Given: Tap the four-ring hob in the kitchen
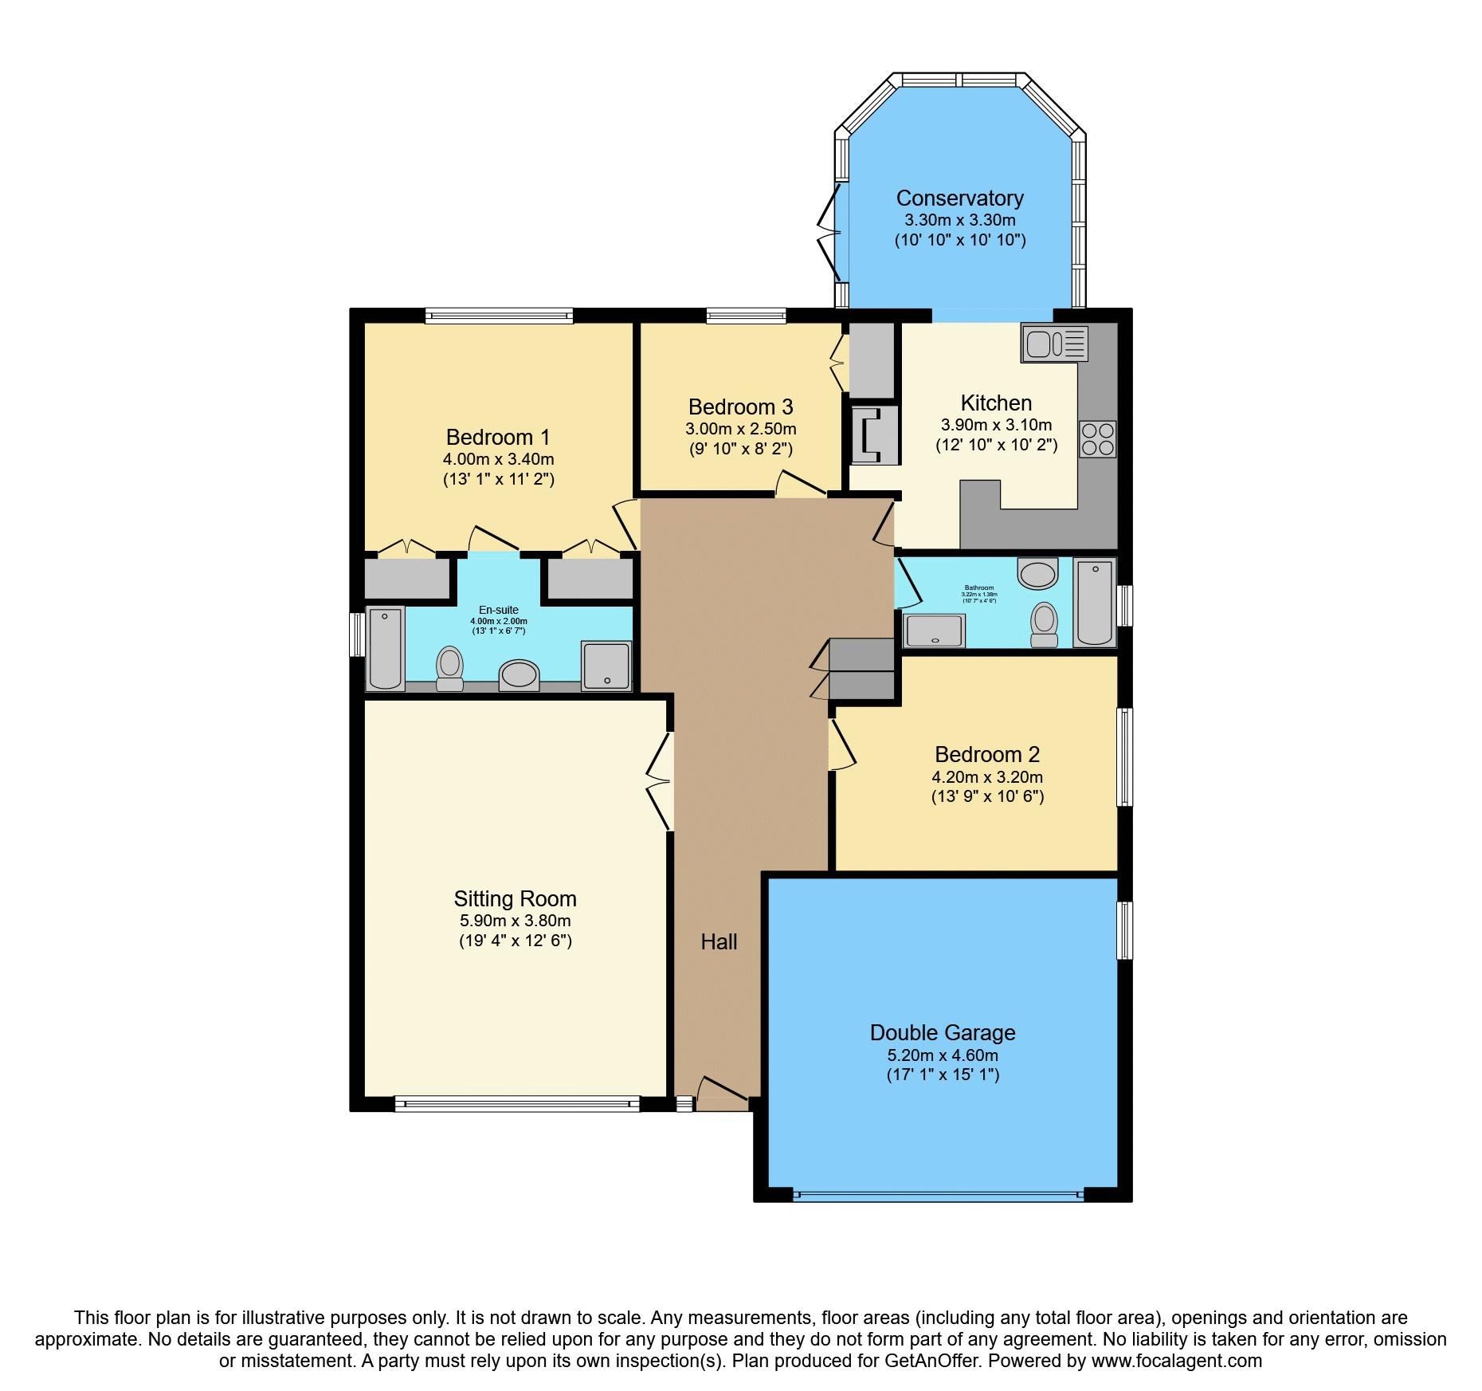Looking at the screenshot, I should click(1097, 438).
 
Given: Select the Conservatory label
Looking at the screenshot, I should click(959, 198).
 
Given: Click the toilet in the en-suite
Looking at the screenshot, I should click(450, 668).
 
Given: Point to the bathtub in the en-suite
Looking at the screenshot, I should click(386, 646).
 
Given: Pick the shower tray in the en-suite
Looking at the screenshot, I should click(606, 665).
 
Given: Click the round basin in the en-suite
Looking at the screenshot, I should click(519, 674).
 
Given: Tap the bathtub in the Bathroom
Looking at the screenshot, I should click(1094, 601).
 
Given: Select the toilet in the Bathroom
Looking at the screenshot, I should click(1044, 623).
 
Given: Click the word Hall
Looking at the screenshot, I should click(719, 942).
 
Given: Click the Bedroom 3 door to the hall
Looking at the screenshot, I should click(801, 485).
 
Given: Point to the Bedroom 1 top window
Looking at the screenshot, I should click(499, 316).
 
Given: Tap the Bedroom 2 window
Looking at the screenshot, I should click(1124, 756).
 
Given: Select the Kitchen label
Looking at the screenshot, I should click(996, 403).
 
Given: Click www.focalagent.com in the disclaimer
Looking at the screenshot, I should click(1176, 1361).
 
